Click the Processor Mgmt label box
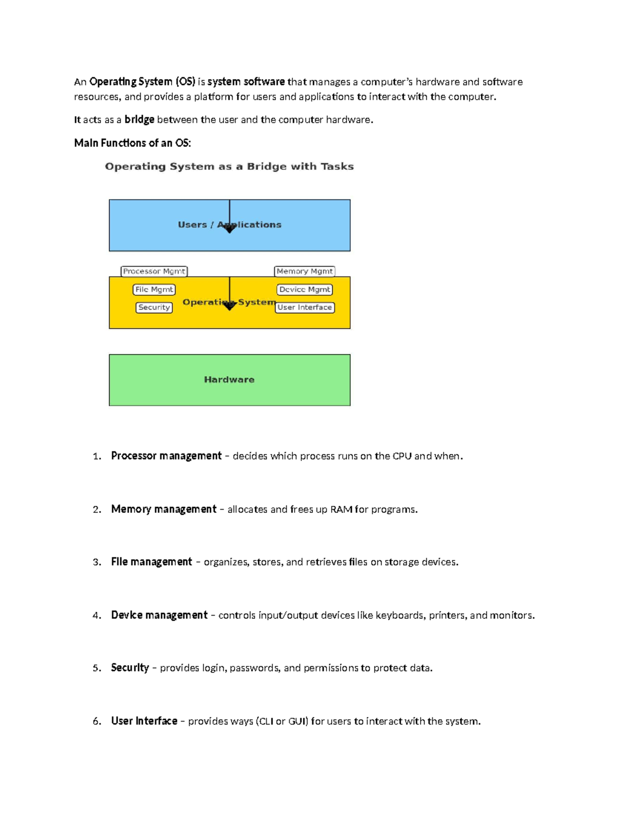[154, 271]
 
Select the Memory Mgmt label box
[304, 271]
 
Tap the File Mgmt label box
[154, 290]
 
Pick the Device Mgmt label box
[304, 290]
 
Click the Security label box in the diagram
[154, 308]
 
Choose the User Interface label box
[304, 308]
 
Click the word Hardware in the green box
[229, 379]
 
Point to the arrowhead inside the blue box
[229, 229]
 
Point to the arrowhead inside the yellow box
[229, 306]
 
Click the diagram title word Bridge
[267, 166]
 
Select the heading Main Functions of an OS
[132, 143]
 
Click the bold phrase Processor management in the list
[166, 456]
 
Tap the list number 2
[96, 510]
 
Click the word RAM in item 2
[341, 510]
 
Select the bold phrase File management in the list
[151, 562]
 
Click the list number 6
[96, 721]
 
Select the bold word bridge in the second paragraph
[139, 120]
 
